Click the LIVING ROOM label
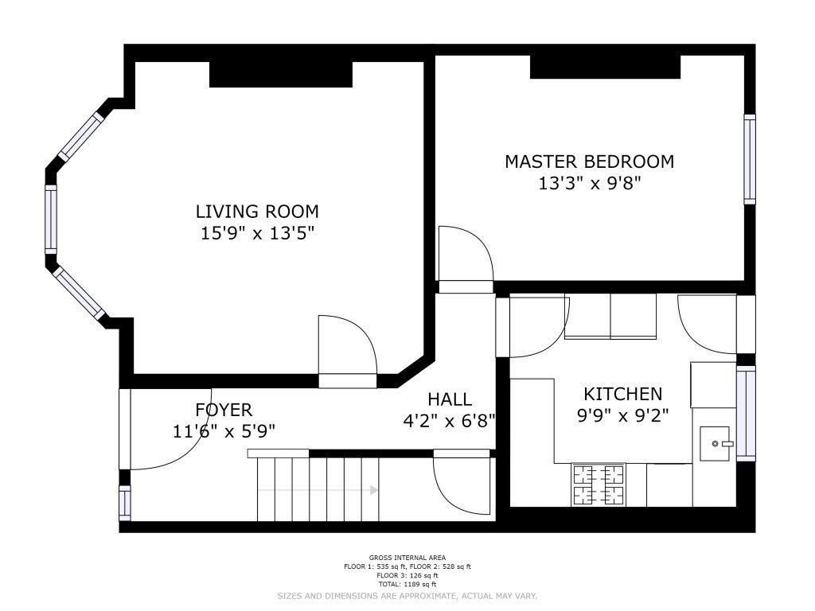(x=257, y=212)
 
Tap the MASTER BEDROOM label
(x=590, y=162)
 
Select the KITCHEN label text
(x=622, y=395)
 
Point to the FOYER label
(x=224, y=410)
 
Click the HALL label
(x=450, y=399)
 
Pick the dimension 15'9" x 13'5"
(x=258, y=233)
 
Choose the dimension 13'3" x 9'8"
(x=589, y=184)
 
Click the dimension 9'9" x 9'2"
(x=622, y=415)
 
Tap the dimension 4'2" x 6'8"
(x=449, y=420)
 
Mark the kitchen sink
(x=716, y=444)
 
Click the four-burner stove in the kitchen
(x=599, y=485)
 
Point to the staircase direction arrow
(x=318, y=490)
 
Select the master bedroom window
(x=750, y=159)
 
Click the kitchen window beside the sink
(x=747, y=413)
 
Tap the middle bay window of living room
(x=50, y=220)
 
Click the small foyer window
(x=125, y=503)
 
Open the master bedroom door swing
(x=466, y=255)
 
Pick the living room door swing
(x=347, y=345)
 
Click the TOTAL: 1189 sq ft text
(x=407, y=584)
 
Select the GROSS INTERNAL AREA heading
(x=407, y=558)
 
